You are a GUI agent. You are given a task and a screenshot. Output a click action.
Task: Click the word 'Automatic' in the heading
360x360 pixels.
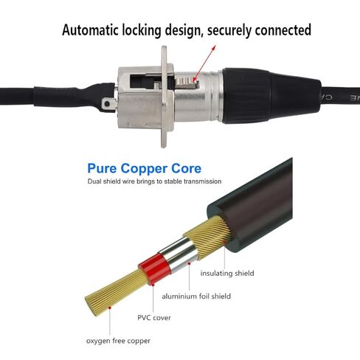click(x=90, y=30)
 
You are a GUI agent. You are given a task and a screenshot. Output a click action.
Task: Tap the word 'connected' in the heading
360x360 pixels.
click(x=283, y=30)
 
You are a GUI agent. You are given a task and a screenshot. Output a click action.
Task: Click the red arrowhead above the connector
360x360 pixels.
click(x=214, y=47)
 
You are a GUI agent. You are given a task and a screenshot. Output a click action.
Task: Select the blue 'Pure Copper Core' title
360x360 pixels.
click(x=145, y=169)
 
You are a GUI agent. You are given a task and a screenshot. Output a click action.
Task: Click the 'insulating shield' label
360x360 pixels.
click(x=227, y=273)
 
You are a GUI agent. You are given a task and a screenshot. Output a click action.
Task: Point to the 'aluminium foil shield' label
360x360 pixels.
click(x=196, y=296)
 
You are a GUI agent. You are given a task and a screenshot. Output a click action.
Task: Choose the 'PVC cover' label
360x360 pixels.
click(x=154, y=318)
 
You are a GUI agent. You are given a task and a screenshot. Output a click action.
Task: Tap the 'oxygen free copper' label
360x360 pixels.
click(x=118, y=341)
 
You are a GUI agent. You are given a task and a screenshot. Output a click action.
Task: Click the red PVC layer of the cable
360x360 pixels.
click(x=154, y=269)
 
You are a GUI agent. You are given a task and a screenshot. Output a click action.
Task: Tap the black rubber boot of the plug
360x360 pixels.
click(x=271, y=96)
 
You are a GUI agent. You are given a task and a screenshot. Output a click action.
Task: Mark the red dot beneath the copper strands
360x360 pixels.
click(x=110, y=308)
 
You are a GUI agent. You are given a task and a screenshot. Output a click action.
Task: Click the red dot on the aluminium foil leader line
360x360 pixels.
click(x=189, y=263)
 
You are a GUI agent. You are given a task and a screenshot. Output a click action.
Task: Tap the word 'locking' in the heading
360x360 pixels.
click(x=142, y=30)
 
